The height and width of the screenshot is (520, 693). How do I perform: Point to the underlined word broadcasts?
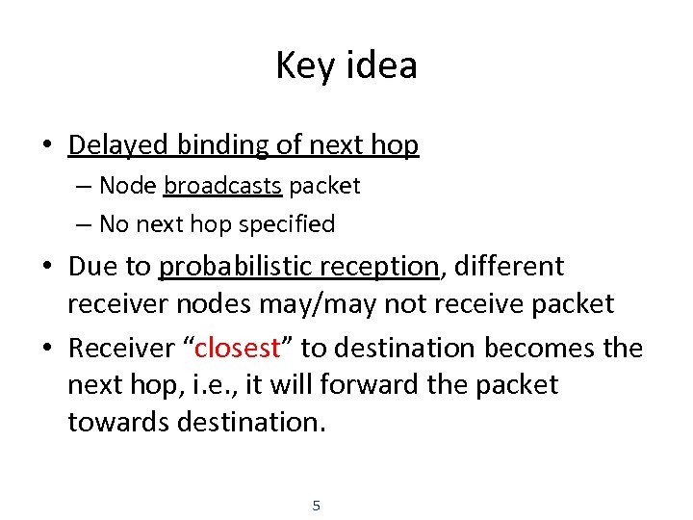point(223,185)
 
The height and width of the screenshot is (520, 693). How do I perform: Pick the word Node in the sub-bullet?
point(128,185)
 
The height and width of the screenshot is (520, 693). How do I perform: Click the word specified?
point(287,224)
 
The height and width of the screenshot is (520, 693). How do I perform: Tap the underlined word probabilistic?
point(235,266)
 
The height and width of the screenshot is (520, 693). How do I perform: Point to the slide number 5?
point(317,505)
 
